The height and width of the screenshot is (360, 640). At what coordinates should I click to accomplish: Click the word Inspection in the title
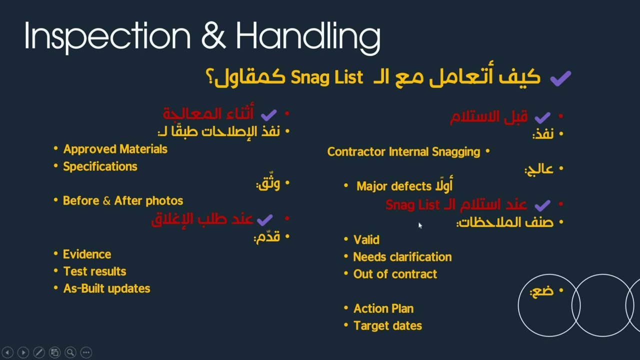point(107,36)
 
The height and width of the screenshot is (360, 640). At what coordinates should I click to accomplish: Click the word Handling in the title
point(307,36)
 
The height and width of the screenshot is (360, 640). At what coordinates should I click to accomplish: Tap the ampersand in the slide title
point(213,36)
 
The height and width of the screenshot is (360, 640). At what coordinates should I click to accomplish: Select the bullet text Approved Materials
point(115,149)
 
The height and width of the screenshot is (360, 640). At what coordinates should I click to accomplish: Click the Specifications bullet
point(100,166)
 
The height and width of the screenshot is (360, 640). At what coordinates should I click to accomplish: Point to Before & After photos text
point(123,200)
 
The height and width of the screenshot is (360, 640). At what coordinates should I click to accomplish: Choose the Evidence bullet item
point(87,254)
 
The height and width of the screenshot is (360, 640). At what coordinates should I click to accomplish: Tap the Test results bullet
point(94,271)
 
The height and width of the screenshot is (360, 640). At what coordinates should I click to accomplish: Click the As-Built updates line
point(106,288)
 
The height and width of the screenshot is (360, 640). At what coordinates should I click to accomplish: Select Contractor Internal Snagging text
point(403,152)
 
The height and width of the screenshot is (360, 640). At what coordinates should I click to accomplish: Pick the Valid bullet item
point(366,240)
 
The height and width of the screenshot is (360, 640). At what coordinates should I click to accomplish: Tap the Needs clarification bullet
point(402,257)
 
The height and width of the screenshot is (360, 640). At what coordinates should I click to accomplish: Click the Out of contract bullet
point(395,274)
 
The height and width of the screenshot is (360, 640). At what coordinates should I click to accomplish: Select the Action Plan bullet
point(383,308)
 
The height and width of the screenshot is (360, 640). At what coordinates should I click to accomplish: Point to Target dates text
point(387,325)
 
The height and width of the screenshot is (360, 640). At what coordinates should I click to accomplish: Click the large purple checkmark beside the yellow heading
point(560,78)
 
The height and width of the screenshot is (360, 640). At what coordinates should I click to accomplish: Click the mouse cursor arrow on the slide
point(420,225)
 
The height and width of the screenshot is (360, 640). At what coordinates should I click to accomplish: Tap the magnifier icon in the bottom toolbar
point(70,352)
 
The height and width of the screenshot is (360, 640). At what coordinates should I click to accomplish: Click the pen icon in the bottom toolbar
point(38,352)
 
